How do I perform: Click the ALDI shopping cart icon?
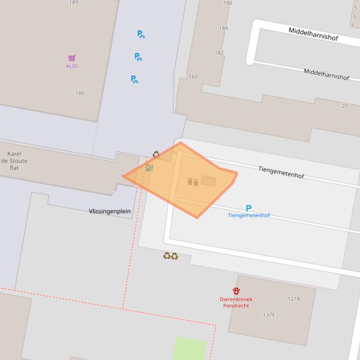[72, 58]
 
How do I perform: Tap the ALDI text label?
[72, 66]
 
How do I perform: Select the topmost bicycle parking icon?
[140, 34]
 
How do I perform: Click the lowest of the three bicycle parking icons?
[134, 79]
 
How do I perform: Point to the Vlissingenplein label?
[110, 211]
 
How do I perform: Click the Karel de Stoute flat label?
[15, 160]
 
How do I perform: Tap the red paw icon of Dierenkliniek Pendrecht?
[236, 291]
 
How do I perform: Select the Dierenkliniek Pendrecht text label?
[236, 302]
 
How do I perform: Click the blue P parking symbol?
[249, 208]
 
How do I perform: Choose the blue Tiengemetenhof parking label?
[249, 216]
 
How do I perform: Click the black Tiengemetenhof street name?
[281, 172]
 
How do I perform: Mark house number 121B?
[294, 299]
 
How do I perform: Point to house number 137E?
[269, 315]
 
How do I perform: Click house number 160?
[193, 77]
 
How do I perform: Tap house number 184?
[223, 28]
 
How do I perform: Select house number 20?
[345, 106]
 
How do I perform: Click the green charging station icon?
[149, 168]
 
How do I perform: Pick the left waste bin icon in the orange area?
[190, 182]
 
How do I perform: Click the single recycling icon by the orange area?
[156, 154]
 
